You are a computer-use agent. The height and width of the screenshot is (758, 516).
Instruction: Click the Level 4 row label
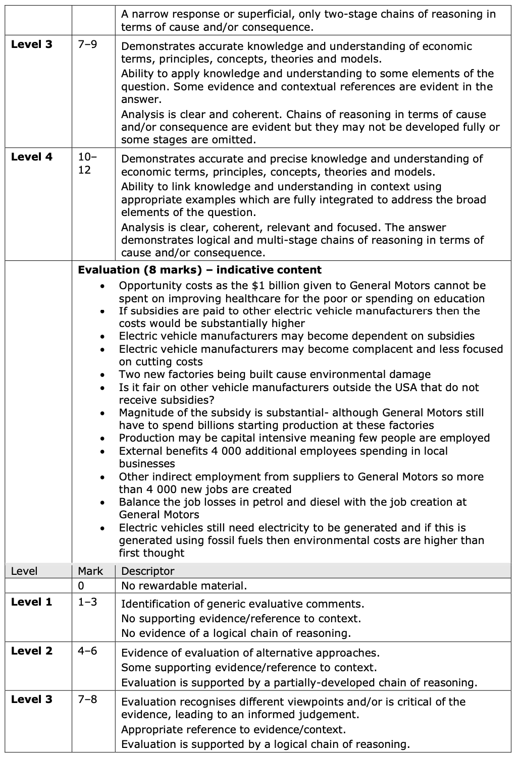pyautogui.click(x=31, y=157)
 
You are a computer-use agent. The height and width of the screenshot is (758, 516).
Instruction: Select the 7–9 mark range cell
pyautogui.click(x=88, y=44)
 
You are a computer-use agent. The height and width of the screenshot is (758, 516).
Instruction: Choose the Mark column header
pyautogui.click(x=90, y=571)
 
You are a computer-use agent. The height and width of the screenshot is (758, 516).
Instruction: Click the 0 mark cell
pyautogui.click(x=81, y=586)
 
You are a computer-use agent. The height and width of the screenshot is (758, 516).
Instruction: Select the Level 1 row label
pyautogui.click(x=31, y=602)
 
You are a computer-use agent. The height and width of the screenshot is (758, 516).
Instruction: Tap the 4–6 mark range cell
pyautogui.click(x=87, y=651)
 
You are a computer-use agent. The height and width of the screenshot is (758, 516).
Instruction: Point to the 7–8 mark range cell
pyautogui.click(x=87, y=699)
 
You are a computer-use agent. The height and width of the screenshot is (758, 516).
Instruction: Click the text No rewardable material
pyautogui.click(x=184, y=586)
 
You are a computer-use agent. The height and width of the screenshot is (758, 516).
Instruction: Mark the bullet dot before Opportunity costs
pyautogui.click(x=103, y=286)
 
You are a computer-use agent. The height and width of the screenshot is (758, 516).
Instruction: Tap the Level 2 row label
pyautogui.click(x=31, y=651)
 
